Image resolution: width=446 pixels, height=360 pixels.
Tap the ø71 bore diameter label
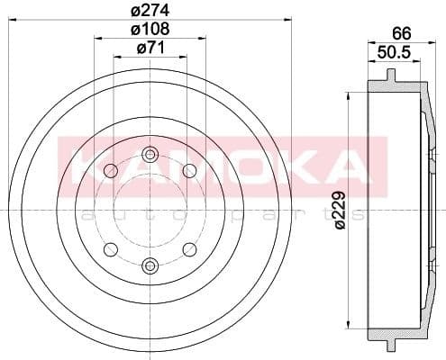click(150, 48)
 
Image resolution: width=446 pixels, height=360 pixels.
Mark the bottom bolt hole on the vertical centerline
click(150, 265)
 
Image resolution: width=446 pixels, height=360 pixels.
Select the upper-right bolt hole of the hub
click(189, 171)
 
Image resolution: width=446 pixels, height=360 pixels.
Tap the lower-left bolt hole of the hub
click(111, 249)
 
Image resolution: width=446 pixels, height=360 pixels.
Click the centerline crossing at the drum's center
click(150, 210)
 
